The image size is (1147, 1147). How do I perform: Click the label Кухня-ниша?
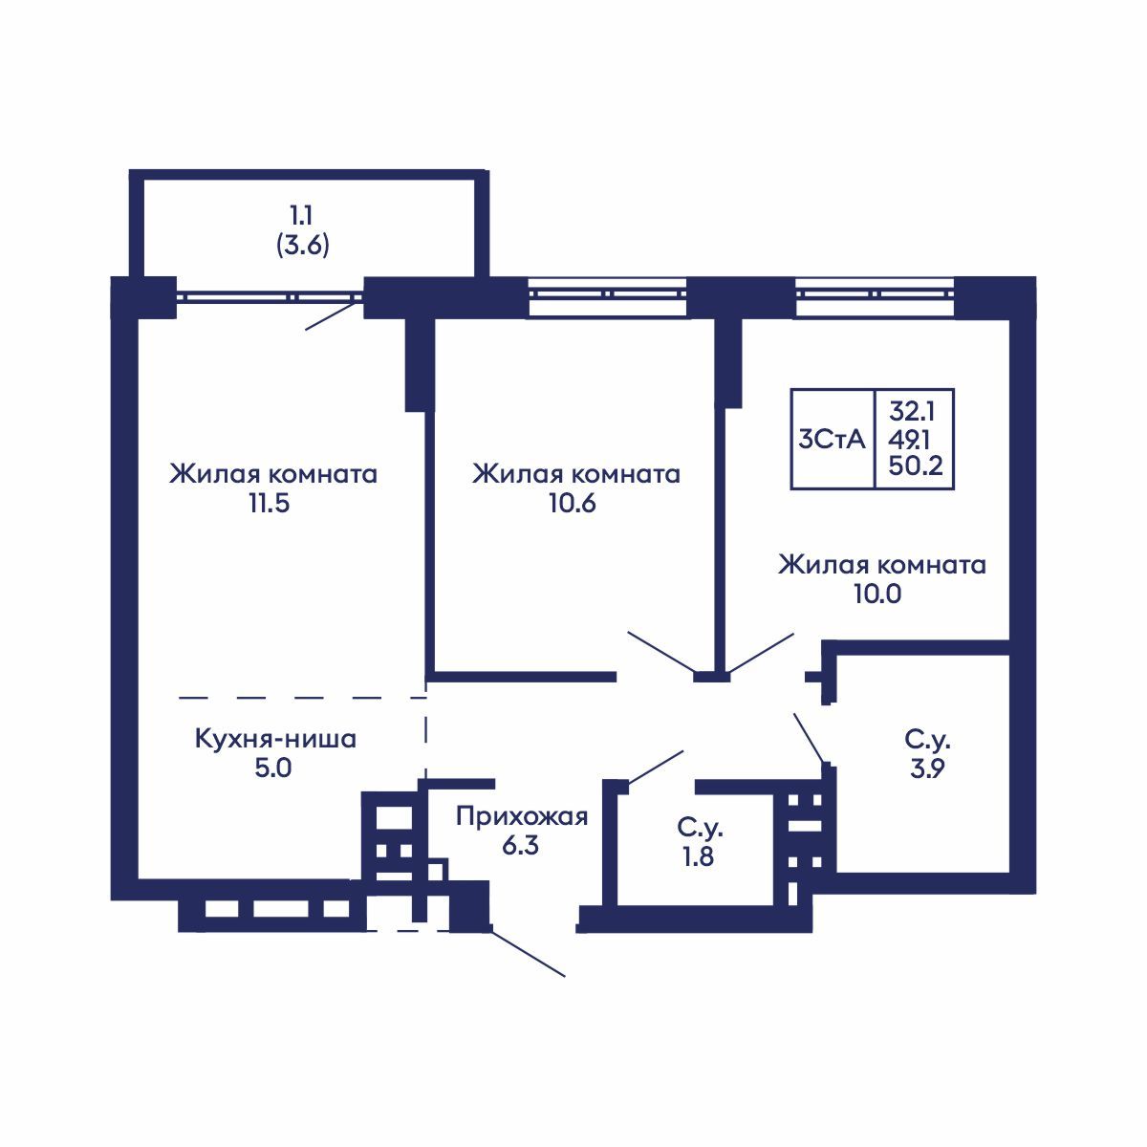click(x=275, y=739)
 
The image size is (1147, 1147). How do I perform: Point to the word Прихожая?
click(x=521, y=817)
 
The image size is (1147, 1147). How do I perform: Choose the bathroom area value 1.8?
click(x=697, y=855)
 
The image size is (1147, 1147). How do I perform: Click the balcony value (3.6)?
click(x=303, y=247)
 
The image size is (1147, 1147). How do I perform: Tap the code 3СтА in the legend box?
click(x=832, y=440)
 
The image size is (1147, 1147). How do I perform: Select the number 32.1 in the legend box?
click(x=913, y=412)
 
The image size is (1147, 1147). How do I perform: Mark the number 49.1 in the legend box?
click(x=913, y=440)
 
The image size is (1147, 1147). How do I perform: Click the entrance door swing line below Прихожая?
click(x=528, y=952)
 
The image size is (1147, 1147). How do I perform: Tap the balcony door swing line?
click(x=333, y=314)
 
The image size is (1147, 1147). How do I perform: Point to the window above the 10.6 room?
click(x=608, y=296)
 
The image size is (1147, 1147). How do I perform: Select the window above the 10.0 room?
click(x=875, y=296)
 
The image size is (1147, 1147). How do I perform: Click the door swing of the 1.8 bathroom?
click(x=655, y=766)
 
